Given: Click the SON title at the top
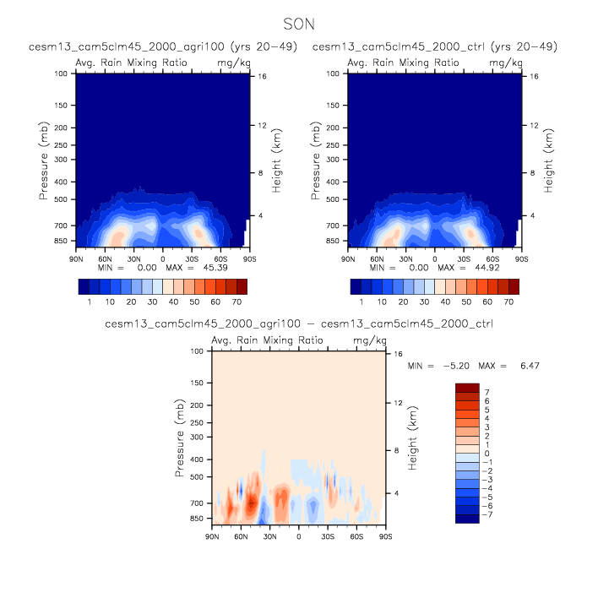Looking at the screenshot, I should click(x=299, y=25).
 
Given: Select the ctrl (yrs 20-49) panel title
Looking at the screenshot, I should click(x=434, y=46).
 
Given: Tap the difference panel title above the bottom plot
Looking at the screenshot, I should click(x=299, y=323).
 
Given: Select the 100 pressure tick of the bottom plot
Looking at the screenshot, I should click(x=196, y=351).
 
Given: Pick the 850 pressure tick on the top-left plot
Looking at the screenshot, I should click(x=61, y=242).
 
